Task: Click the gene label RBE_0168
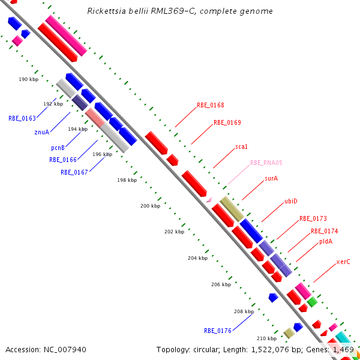(211, 105)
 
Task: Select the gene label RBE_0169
(227, 122)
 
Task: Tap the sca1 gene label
(241, 146)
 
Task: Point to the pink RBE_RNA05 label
(266, 163)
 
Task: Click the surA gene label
(271, 178)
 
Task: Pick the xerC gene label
(343, 262)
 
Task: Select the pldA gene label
(326, 242)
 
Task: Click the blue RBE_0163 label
(22, 118)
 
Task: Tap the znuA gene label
(42, 132)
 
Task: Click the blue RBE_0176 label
(218, 331)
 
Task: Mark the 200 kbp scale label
(150, 206)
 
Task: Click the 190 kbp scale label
(28, 79)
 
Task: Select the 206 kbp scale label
(221, 285)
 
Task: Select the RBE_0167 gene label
(74, 172)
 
